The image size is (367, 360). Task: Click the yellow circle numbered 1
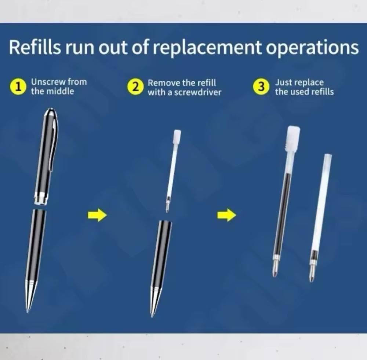17,87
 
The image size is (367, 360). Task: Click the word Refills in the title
34,47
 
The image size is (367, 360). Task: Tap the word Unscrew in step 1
48,82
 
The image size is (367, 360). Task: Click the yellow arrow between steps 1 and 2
97,215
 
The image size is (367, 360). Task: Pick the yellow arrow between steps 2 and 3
226,215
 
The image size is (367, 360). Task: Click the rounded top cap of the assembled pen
51,113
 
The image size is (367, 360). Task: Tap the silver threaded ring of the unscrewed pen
41,198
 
